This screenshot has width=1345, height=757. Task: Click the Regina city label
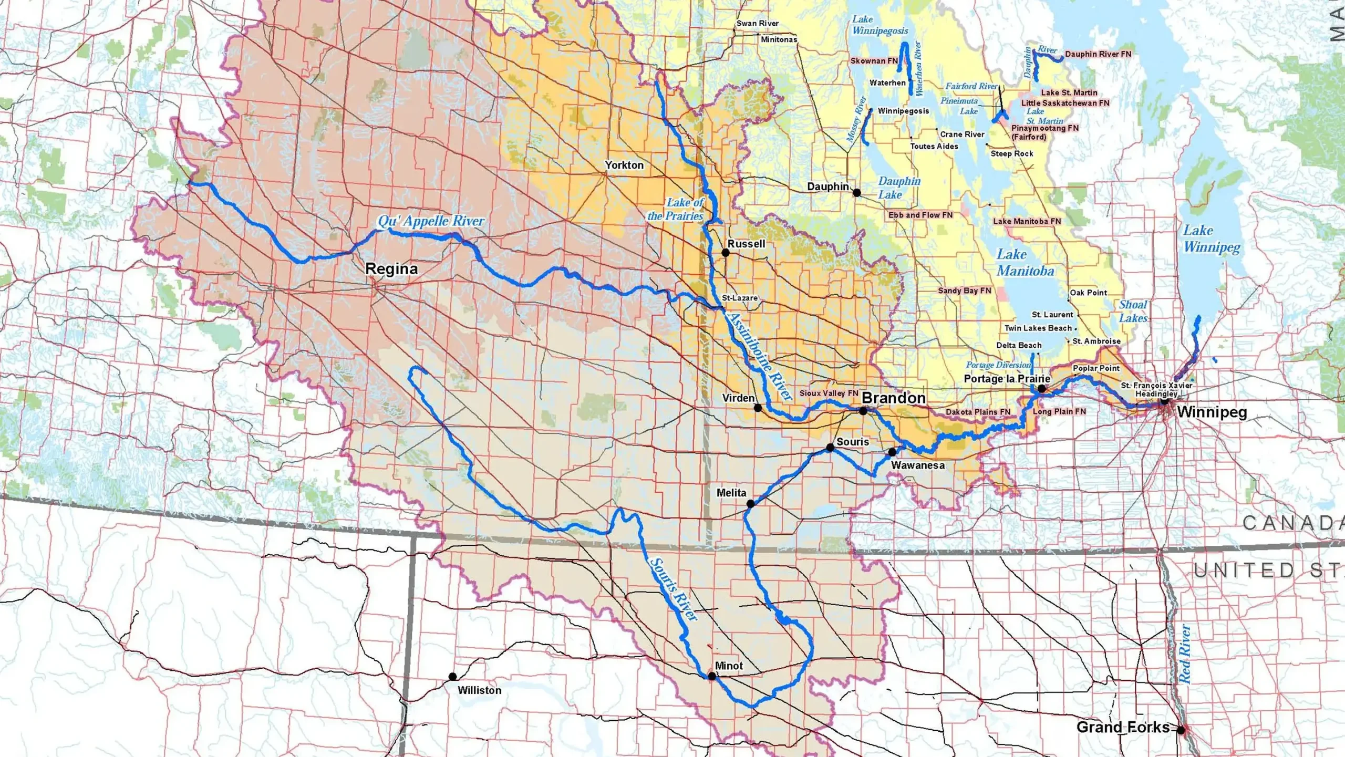pos(391,269)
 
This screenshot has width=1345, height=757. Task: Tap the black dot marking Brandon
pos(863,411)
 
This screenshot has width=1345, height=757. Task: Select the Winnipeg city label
pos(1212,412)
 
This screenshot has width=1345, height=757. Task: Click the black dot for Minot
pos(712,676)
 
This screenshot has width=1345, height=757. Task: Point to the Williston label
pos(479,690)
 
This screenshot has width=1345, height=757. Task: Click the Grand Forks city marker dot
pos(1181,730)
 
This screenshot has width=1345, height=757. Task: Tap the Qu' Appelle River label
pos(431,221)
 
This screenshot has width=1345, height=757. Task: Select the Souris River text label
pos(674,589)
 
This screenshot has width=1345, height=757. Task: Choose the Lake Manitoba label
pos(1025,263)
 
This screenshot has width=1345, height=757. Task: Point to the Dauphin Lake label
pos(899,188)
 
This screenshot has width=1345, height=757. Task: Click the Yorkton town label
pos(624,165)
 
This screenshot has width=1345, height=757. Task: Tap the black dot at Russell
pos(726,253)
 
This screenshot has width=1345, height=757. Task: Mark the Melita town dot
pos(751,503)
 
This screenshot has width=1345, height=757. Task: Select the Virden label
pos(738,398)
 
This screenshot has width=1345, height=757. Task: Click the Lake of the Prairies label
pos(676,209)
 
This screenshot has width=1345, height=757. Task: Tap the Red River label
pos(1185,654)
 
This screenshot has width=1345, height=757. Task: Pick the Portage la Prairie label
pos(1007,379)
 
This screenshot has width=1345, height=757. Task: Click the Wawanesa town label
pos(917,465)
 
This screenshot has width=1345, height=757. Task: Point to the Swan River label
pos(757,23)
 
